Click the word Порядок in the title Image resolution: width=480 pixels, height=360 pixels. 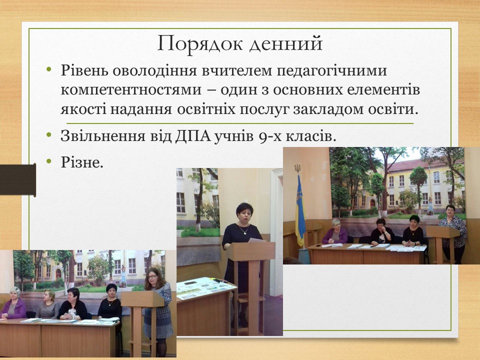click(x=200, y=44)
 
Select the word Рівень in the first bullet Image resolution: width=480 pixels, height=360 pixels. click(x=84, y=70)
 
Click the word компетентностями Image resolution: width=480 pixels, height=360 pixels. click(x=131, y=90)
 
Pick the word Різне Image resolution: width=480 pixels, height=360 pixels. click(x=81, y=162)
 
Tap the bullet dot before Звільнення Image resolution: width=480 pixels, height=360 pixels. click(x=48, y=134)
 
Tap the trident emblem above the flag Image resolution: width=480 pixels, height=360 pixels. click(x=297, y=168)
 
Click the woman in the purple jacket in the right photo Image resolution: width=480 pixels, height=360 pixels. click(x=335, y=232)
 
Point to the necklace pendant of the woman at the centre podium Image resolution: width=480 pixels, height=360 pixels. click(x=244, y=233)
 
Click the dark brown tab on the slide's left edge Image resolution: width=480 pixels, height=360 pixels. click(x=18, y=179)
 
